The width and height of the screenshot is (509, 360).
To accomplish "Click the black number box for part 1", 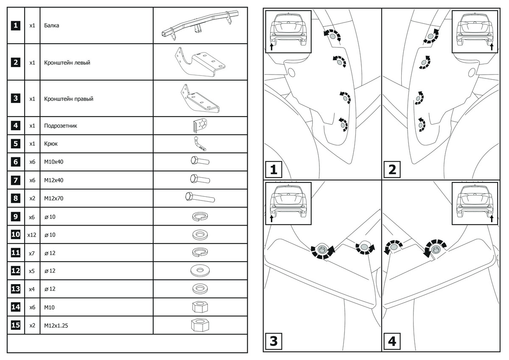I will coord(15,25).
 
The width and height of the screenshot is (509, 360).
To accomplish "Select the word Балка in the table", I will coord(51,25).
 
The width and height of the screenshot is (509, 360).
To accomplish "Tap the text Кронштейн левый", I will coord(67,63).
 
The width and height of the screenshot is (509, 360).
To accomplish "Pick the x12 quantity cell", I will coord(32,234).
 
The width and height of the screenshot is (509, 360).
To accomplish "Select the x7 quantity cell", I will coord(32,253).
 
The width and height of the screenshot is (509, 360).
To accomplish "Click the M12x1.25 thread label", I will coord(56,325).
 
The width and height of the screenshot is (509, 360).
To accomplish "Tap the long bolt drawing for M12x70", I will coord(200,198).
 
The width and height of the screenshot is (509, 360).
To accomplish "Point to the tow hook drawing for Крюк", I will coord(199,144).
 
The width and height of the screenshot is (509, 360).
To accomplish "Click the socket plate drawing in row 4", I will coord(200,126).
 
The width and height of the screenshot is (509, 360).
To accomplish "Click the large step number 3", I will coord(274,341).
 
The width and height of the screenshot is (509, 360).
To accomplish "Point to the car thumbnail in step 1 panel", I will coord(288,31).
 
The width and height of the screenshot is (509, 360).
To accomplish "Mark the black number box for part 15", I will coord(15,325).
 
